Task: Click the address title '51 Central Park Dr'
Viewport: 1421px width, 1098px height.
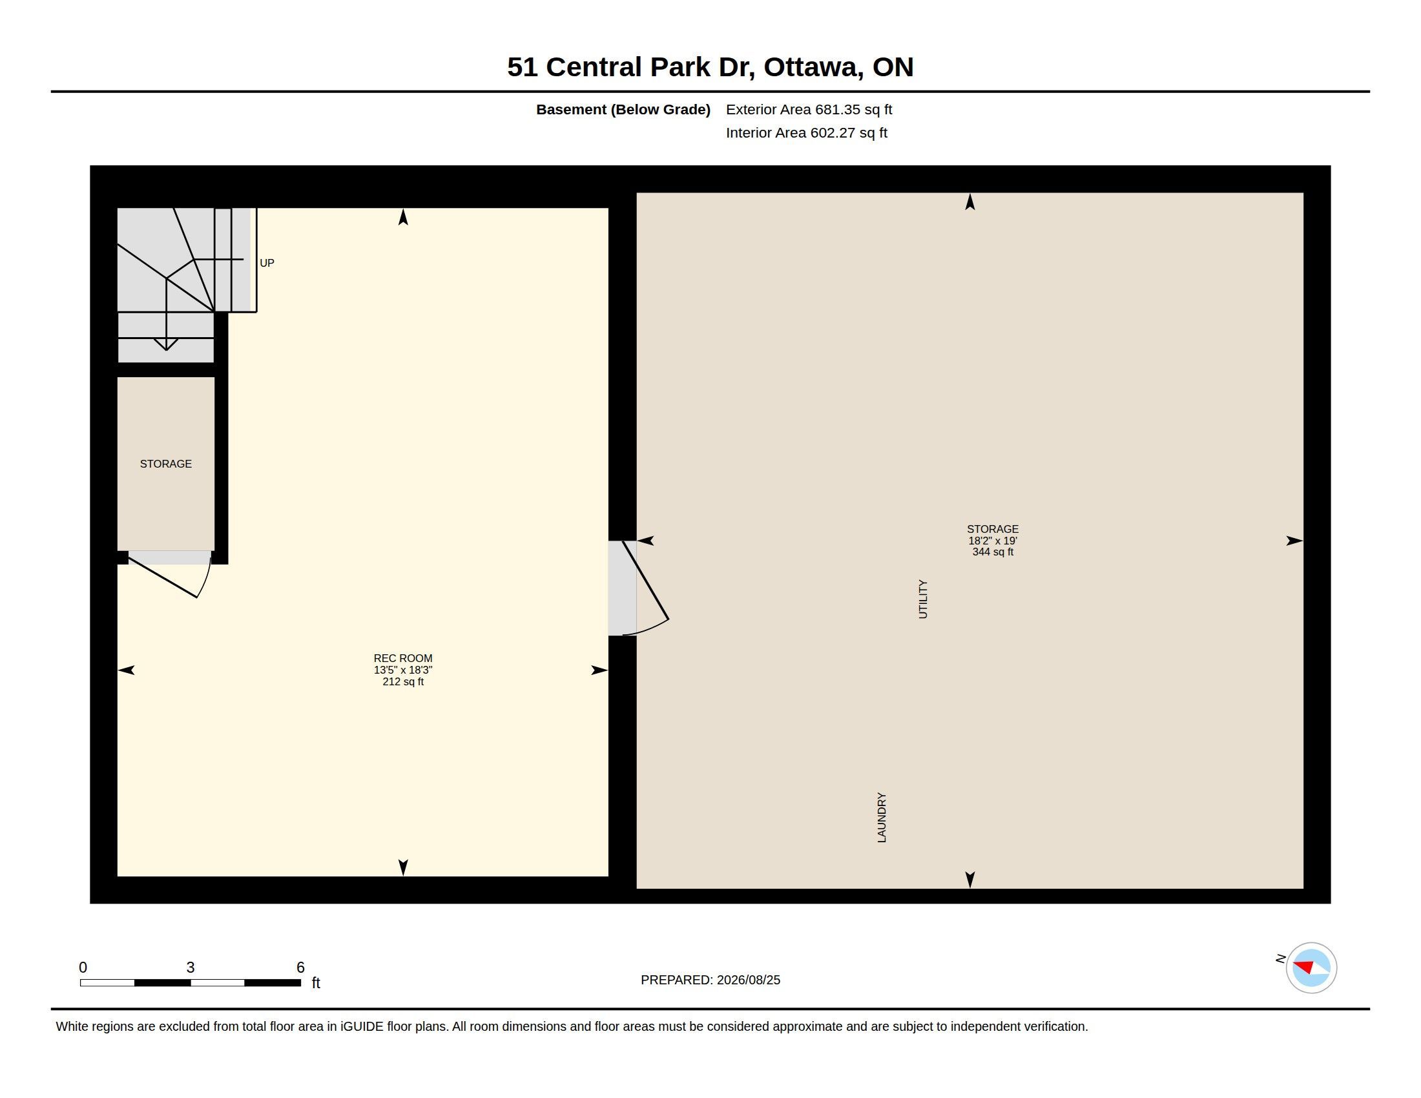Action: click(631, 67)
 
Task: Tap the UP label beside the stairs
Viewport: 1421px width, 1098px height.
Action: click(267, 263)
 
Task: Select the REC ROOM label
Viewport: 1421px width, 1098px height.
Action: click(403, 658)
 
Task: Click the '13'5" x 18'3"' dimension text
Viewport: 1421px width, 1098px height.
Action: click(403, 670)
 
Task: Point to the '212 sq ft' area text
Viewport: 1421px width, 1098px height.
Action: click(403, 681)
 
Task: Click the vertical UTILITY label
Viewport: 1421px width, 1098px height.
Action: click(922, 599)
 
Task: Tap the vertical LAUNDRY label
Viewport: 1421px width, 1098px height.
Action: click(882, 818)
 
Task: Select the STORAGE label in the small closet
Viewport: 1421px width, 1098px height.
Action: click(166, 464)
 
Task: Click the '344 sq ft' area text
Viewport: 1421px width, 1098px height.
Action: click(993, 552)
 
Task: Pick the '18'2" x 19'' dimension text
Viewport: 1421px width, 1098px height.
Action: click(993, 541)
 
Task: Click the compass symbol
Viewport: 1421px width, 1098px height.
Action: click(1311, 968)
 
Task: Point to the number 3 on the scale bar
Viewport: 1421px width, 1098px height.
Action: click(191, 968)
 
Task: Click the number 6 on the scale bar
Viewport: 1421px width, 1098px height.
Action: click(300, 968)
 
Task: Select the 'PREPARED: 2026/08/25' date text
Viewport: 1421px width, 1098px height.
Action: click(710, 980)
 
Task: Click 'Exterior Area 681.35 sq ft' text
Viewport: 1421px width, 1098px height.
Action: click(809, 110)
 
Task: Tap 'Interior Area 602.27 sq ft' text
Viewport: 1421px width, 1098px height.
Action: click(807, 132)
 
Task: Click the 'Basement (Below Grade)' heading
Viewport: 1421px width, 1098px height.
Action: click(623, 110)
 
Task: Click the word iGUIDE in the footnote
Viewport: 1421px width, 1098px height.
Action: click(362, 1026)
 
